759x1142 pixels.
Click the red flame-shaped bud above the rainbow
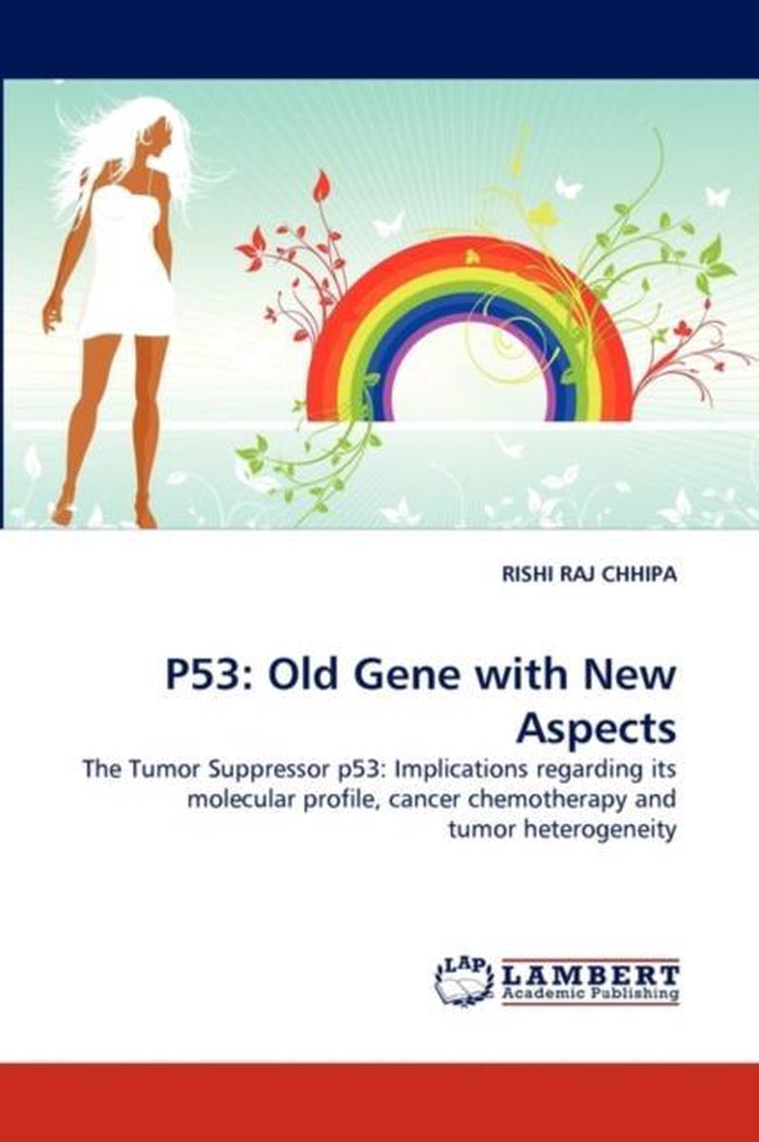(x=322, y=187)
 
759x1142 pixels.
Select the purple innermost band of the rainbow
(x=471, y=319)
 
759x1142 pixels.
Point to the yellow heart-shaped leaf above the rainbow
(x=546, y=213)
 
